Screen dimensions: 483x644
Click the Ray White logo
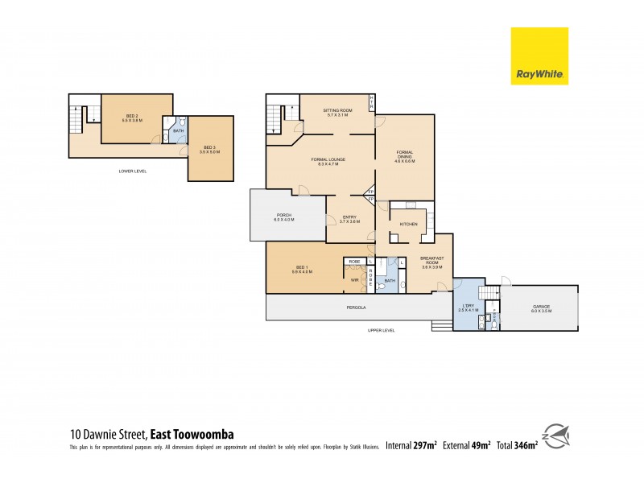[x=539, y=56]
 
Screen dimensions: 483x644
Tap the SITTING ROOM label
[x=338, y=111]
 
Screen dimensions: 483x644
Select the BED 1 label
[x=302, y=269]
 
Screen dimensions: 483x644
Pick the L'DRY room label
[x=468, y=307]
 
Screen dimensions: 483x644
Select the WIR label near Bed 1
[x=354, y=280]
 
